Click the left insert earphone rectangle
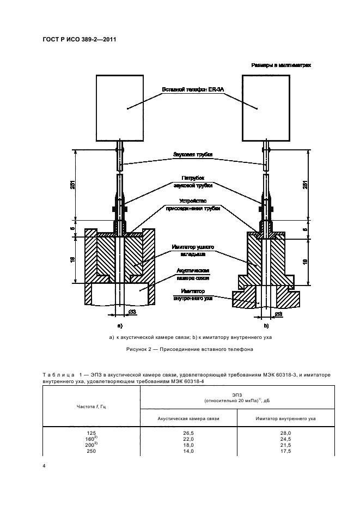[119, 107]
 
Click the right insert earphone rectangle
[265, 107]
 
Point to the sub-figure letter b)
[266, 325]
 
